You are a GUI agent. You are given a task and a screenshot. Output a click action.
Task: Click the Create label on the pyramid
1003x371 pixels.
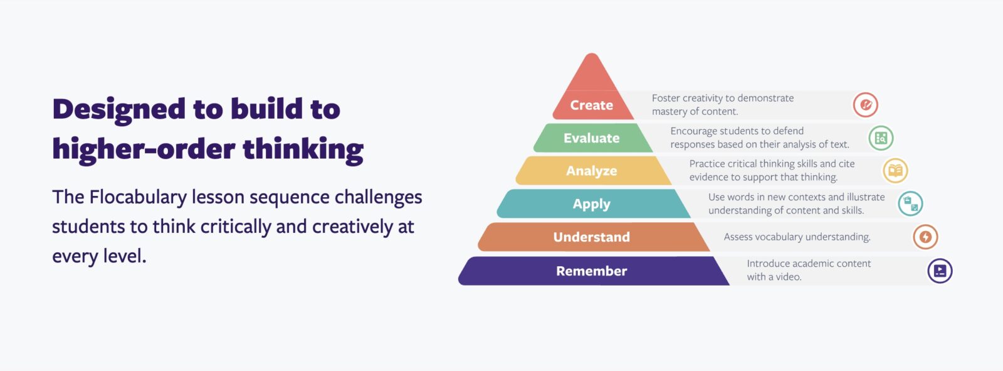point(591,105)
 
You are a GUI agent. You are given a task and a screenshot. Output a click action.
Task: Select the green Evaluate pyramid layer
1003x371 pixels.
point(591,138)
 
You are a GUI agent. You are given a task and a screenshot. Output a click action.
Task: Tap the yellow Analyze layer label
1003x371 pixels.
point(591,171)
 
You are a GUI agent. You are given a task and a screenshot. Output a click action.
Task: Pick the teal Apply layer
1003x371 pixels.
point(591,204)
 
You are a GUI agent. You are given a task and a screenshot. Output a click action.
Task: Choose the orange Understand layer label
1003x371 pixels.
point(591,237)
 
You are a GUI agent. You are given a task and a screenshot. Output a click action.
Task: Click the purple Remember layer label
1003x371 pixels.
point(591,271)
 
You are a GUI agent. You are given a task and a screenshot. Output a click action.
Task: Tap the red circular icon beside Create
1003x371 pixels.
point(865,105)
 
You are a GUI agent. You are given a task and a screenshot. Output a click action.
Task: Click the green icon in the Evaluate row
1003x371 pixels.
point(881,138)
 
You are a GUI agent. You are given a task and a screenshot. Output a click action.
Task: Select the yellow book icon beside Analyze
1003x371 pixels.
point(895,171)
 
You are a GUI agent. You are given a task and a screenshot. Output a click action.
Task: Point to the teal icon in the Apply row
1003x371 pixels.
point(910,204)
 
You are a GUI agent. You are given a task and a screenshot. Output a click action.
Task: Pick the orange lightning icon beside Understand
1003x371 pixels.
point(925,237)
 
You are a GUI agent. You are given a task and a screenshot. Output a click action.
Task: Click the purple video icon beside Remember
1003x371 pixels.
point(940,271)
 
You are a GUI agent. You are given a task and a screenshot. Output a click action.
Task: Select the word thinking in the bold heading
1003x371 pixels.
point(303,150)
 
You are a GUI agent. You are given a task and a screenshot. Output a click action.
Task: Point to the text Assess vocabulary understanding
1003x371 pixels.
point(797,237)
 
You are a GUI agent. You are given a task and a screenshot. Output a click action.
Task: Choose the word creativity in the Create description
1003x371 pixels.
point(702,99)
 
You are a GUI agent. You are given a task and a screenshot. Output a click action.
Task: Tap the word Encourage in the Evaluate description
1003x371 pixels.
point(693,131)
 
